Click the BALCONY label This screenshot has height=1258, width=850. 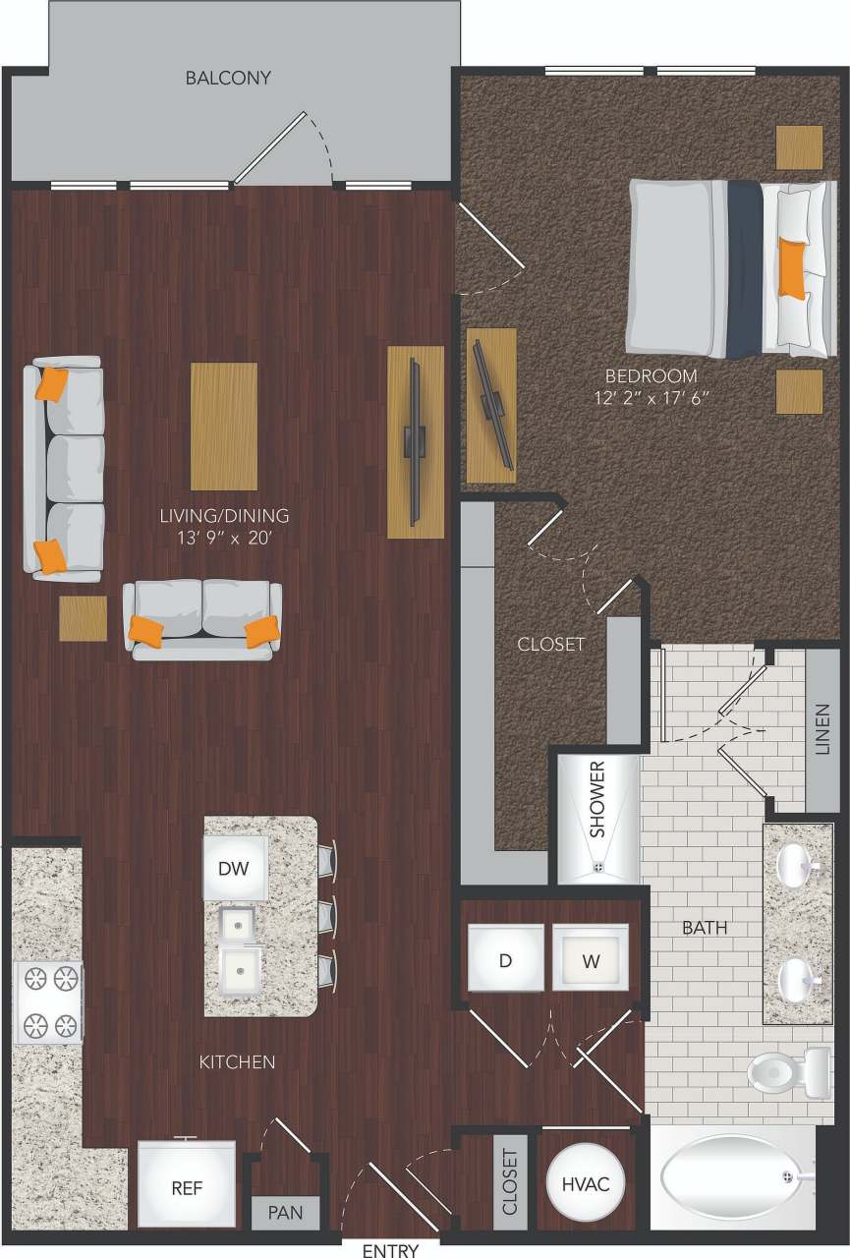(x=228, y=78)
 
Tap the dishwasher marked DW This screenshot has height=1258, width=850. (x=235, y=868)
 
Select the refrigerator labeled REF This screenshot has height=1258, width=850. (x=187, y=1186)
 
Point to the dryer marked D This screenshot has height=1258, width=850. (x=505, y=959)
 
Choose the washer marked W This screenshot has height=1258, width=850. (x=590, y=959)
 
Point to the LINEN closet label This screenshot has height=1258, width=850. (x=822, y=729)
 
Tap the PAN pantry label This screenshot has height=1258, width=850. (x=285, y=1214)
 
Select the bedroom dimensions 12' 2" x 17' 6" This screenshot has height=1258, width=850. (x=651, y=398)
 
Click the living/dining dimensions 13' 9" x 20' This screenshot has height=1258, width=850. (x=226, y=538)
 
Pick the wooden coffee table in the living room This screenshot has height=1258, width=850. (x=224, y=426)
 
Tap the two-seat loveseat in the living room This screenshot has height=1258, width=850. (x=202, y=619)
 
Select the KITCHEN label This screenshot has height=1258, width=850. (x=237, y=1061)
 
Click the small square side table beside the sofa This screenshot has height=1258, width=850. (x=83, y=618)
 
